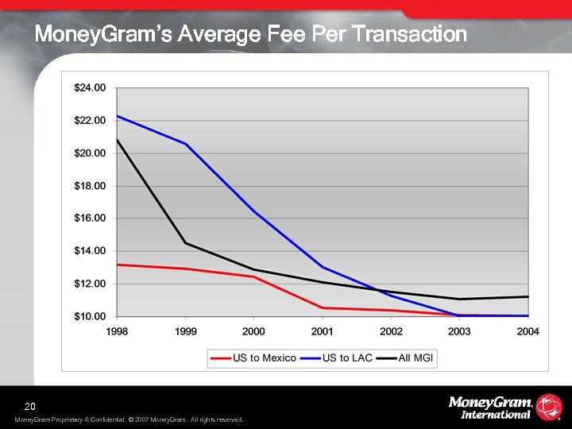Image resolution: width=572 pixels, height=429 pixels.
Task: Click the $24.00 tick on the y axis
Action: tap(90, 87)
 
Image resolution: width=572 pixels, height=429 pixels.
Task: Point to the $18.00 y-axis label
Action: tap(90, 185)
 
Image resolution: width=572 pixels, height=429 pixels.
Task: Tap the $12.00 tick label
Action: tap(90, 284)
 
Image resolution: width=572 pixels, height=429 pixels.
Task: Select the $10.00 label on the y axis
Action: tap(90, 316)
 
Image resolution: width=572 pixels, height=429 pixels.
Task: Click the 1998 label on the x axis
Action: tap(118, 330)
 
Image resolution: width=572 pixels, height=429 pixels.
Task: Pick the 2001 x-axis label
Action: tap(323, 330)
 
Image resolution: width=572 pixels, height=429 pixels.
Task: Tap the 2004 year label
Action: tap(528, 330)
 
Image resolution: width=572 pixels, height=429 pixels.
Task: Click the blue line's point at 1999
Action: tap(186, 144)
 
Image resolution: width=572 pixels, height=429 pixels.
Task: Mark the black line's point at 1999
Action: tap(186, 243)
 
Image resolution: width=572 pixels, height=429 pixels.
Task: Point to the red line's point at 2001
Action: tap(323, 307)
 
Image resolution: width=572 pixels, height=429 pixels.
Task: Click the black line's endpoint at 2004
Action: tap(528, 296)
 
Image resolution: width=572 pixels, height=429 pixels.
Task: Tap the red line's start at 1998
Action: tap(118, 265)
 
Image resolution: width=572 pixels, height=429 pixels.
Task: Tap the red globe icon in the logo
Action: tap(549, 406)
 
